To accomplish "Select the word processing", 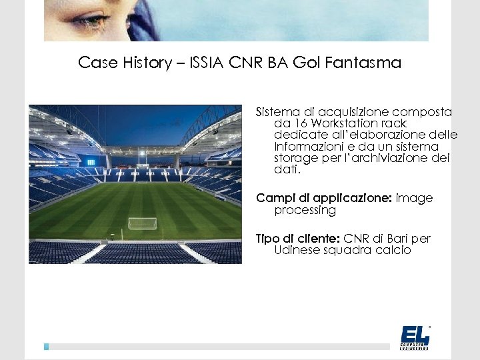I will (305, 210).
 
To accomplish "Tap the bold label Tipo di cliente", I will (298, 239).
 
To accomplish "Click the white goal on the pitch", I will (142, 223).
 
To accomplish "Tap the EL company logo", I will (415, 337).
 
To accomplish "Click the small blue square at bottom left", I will (47, 347).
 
